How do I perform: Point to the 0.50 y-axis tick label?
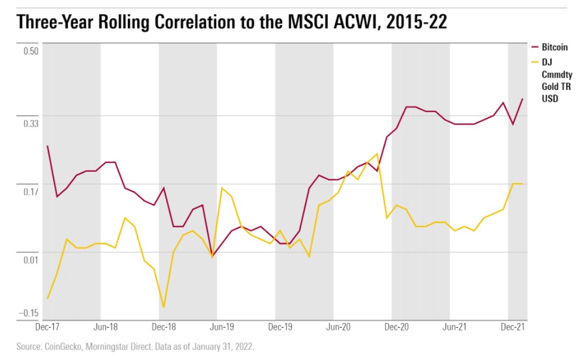(x=30, y=51)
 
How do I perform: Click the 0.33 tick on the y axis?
(x=30, y=124)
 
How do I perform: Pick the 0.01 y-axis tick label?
(x=30, y=259)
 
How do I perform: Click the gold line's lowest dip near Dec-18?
(x=164, y=307)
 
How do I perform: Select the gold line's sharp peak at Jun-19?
(x=222, y=188)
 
